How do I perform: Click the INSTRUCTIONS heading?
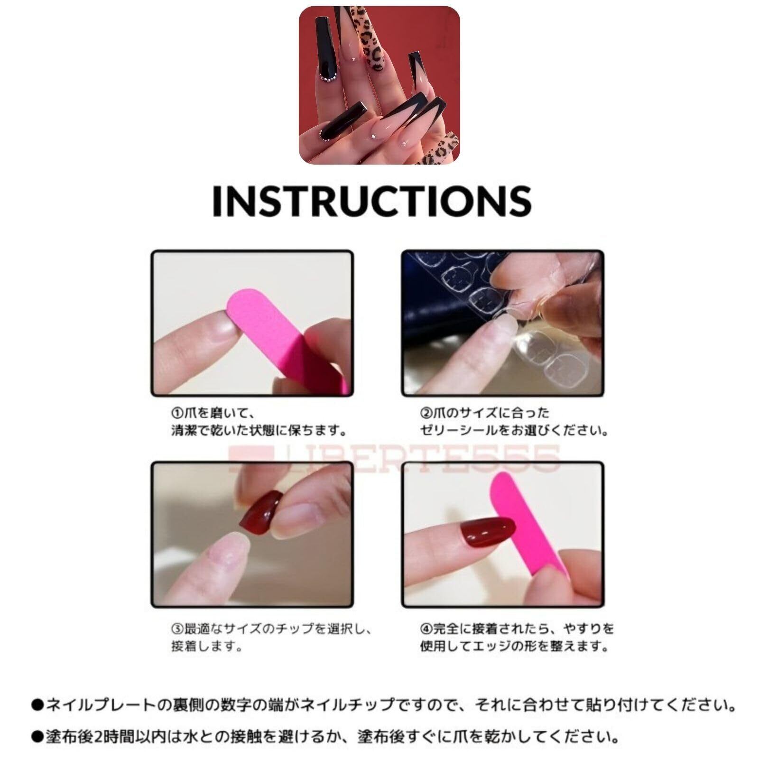tap(371, 201)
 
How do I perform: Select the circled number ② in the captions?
tap(426, 413)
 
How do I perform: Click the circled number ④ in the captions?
tap(426, 629)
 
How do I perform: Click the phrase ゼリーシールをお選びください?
tap(514, 431)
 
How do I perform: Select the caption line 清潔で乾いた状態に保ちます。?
tap(259, 431)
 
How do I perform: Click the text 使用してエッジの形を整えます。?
tap(514, 647)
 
